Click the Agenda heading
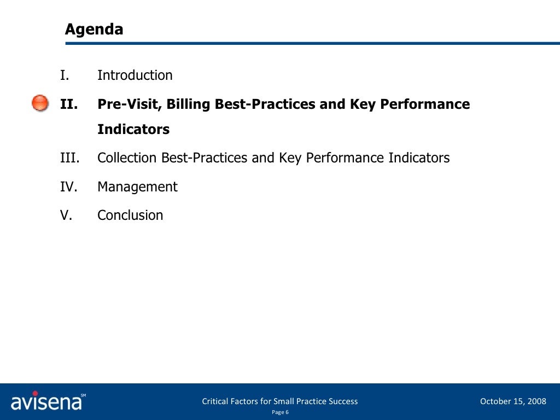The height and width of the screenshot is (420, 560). tap(94, 29)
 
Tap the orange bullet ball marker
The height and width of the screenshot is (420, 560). tap(40, 103)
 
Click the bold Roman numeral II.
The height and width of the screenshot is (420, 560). tap(68, 104)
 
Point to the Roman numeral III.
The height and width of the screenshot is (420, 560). tap(70, 158)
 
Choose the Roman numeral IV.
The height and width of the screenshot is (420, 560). tap(68, 187)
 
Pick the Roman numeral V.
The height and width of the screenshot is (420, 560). tap(66, 215)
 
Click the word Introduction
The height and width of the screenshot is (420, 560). tap(135, 75)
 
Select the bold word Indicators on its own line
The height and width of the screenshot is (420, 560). tap(133, 130)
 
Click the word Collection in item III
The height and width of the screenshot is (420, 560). tap(127, 158)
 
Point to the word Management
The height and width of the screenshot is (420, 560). tap(137, 187)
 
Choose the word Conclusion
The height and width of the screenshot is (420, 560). tap(130, 215)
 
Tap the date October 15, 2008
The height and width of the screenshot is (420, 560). tap(513, 401)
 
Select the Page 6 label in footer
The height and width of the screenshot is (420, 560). tap(280, 412)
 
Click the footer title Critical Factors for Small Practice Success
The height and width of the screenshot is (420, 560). tap(280, 401)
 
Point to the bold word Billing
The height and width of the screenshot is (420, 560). tap(189, 104)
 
